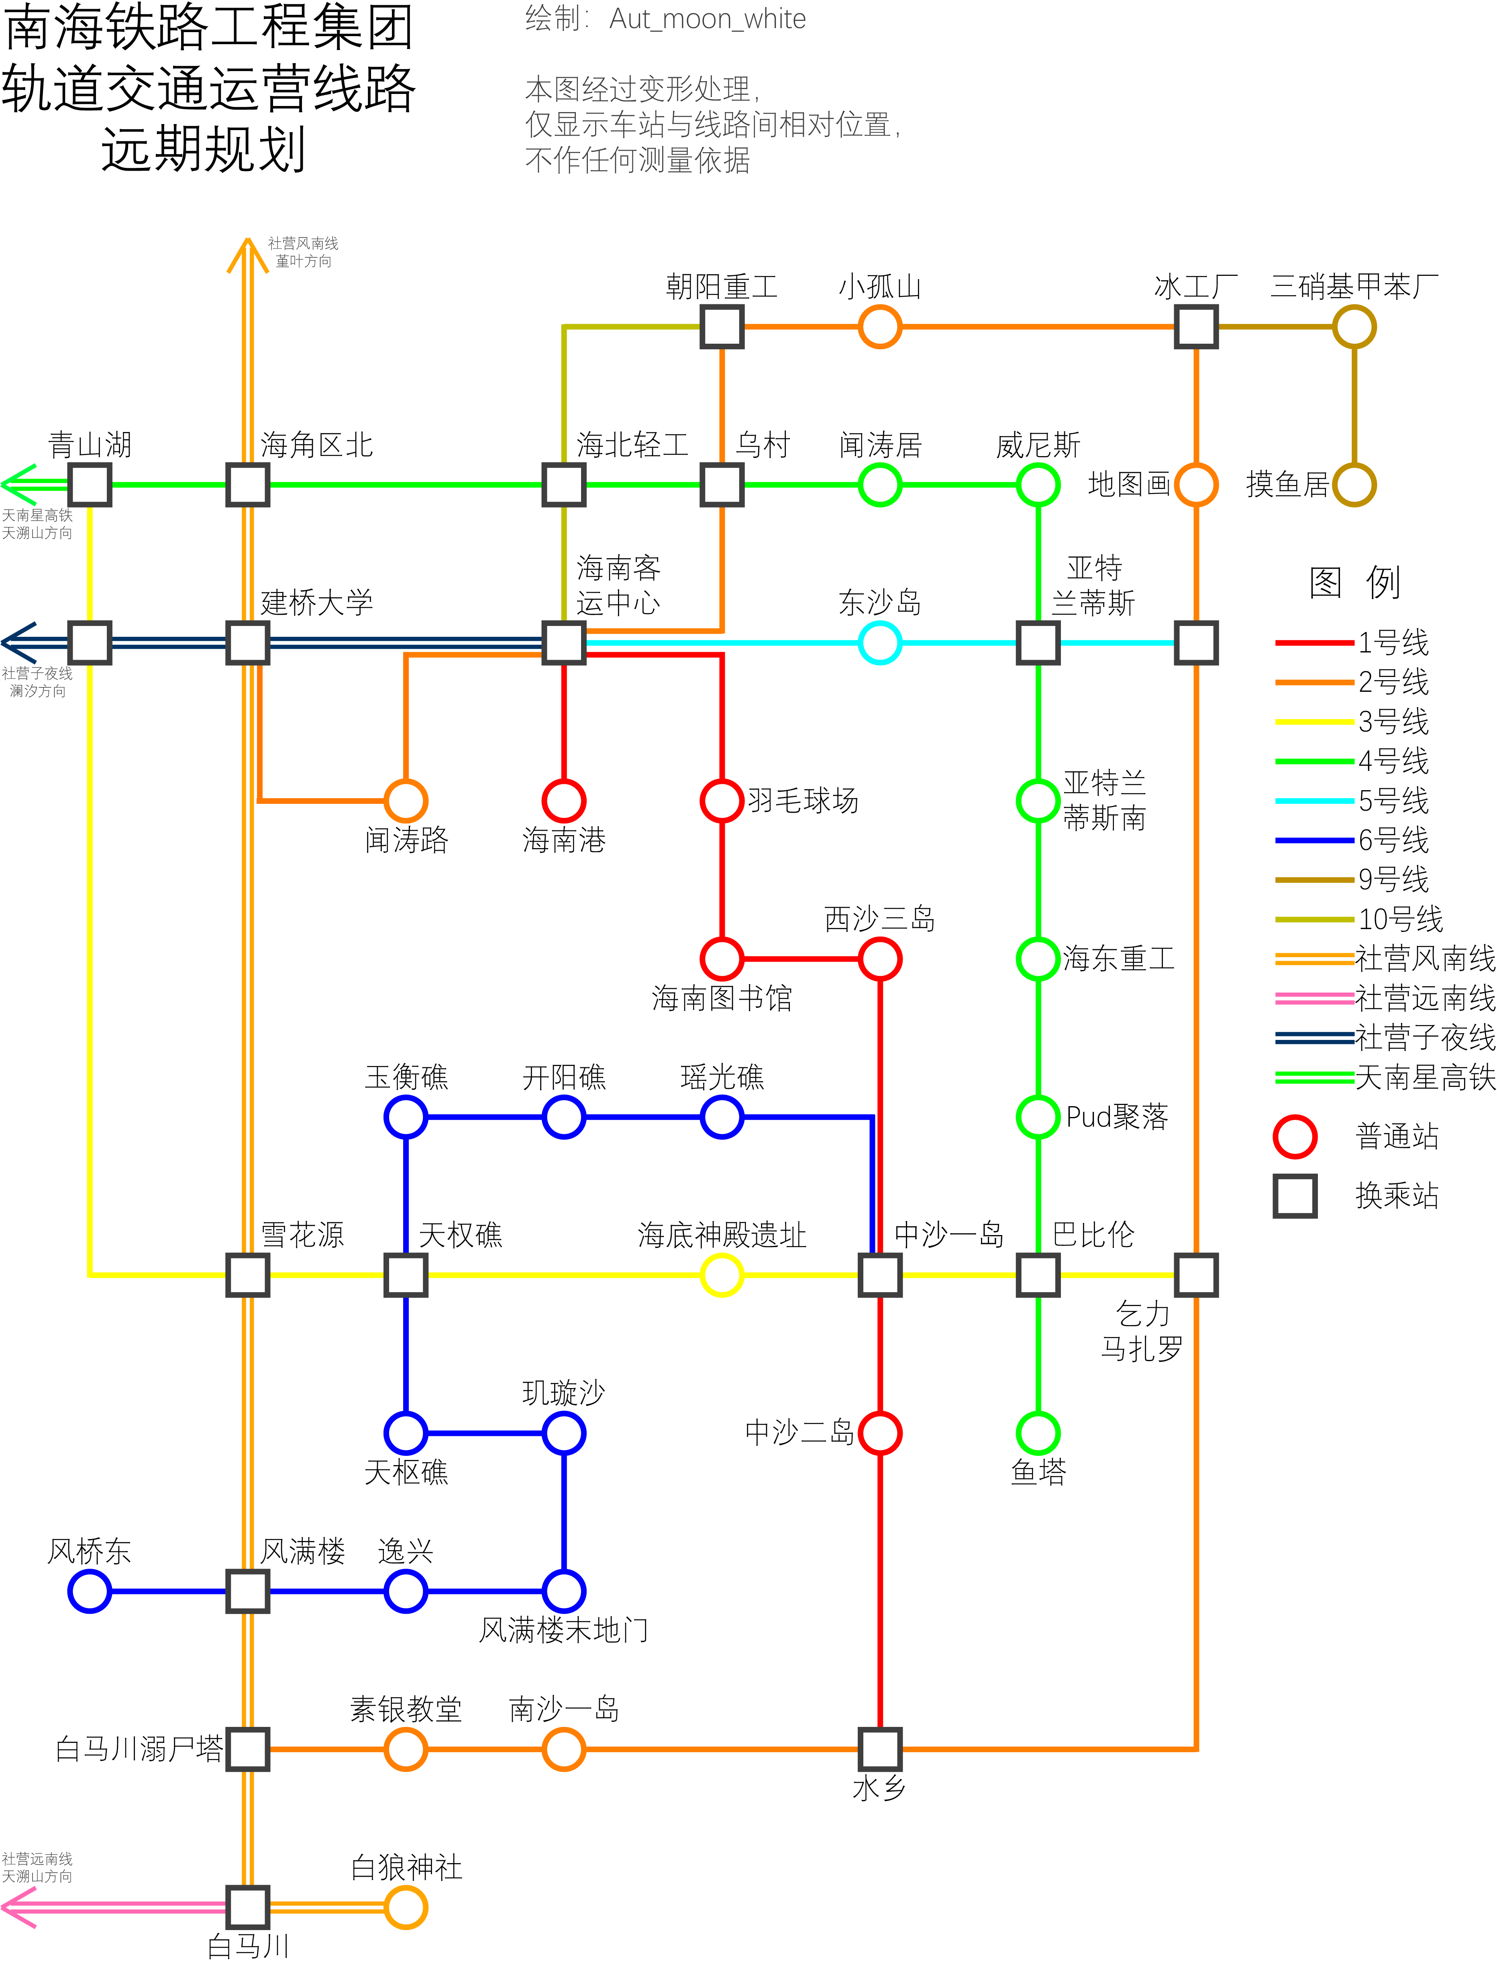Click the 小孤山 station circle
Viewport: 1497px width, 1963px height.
[879, 327]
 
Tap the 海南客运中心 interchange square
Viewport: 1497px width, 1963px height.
[563, 642]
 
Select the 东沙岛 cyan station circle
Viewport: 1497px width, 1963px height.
[879, 642]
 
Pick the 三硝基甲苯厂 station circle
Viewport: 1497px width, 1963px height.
[1354, 327]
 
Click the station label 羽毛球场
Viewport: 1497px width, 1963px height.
[803, 800]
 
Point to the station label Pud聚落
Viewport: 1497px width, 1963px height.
[1116, 1117]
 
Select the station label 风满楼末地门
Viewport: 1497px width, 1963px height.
[563, 1630]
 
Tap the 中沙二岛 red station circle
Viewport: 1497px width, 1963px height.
[879, 1433]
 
